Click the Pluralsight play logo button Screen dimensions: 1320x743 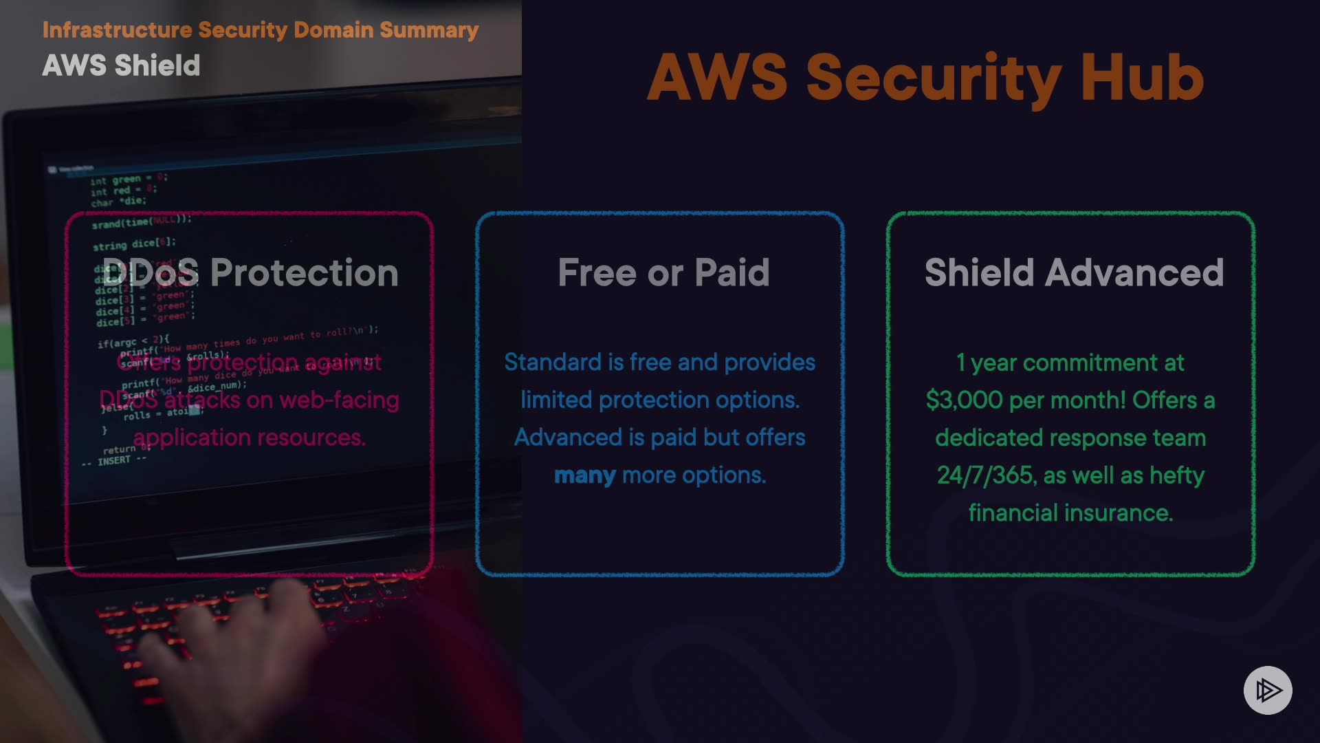[x=1267, y=690]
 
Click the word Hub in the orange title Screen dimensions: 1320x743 [x=1141, y=78]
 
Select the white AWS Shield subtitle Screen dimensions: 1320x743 [x=121, y=65]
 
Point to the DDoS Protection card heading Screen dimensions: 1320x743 [x=250, y=272]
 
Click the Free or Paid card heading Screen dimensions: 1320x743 [x=663, y=272]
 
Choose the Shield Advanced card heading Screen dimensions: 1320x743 [x=1074, y=272]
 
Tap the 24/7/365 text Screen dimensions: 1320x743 [x=985, y=475]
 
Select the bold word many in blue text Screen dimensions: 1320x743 [x=584, y=475]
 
